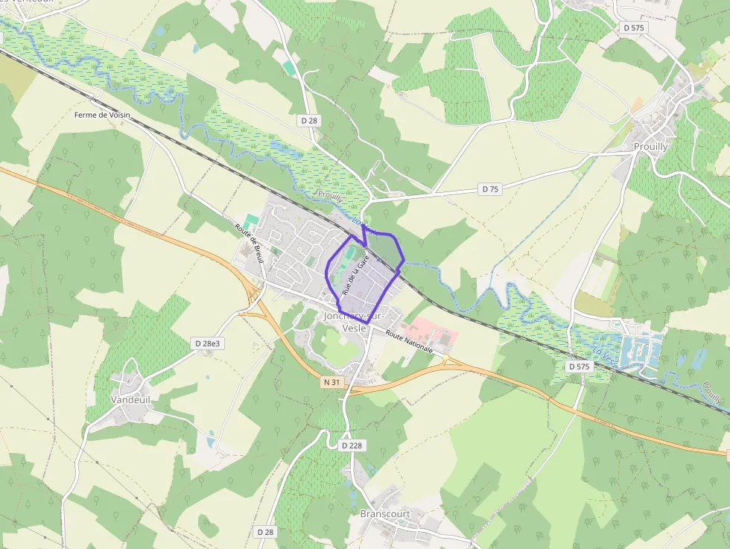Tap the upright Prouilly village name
[650, 147]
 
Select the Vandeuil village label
[130, 399]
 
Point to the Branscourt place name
[384, 514]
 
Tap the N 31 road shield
[332, 382]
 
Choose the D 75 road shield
[489, 189]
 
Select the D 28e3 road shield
[208, 343]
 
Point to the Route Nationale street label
[409, 341]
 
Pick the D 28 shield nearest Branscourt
[265, 532]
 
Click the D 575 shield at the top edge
[632, 28]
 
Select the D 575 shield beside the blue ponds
[579, 366]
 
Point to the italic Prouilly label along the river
[331, 196]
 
